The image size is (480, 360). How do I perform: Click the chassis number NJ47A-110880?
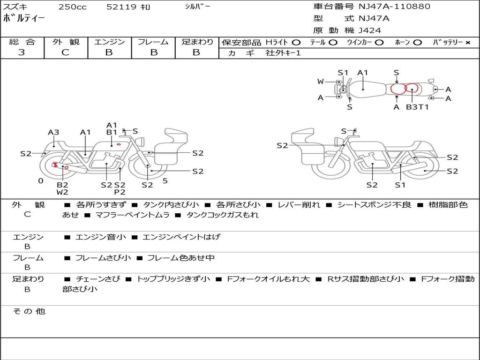pyautogui.click(x=394, y=7)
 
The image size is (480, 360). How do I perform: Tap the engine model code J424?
pyautogui.click(x=370, y=30)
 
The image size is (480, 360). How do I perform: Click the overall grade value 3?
pyautogui.click(x=22, y=52)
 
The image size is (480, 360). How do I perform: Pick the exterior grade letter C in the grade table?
pyautogui.click(x=66, y=52)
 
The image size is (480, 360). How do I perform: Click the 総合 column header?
pyautogui.click(x=22, y=42)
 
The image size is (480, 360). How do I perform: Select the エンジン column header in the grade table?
pyautogui.click(x=109, y=42)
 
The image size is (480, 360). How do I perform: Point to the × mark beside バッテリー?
pyautogui.click(x=467, y=43)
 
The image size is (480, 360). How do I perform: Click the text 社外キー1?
pyautogui.click(x=283, y=53)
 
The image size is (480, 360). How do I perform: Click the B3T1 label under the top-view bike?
pyautogui.click(x=417, y=107)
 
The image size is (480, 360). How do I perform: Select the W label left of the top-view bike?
pyautogui.click(x=321, y=82)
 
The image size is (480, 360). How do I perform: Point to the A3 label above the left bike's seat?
pyautogui.click(x=53, y=132)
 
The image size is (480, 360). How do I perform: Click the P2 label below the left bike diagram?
pyautogui.click(x=120, y=192)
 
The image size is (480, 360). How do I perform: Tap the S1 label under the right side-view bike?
pyautogui.click(x=400, y=185)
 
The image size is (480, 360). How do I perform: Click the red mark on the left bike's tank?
pyautogui.click(x=119, y=144)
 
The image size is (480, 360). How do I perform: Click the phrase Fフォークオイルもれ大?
pyautogui.click(x=269, y=279)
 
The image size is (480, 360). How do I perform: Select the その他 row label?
pyautogui.click(x=29, y=311)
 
